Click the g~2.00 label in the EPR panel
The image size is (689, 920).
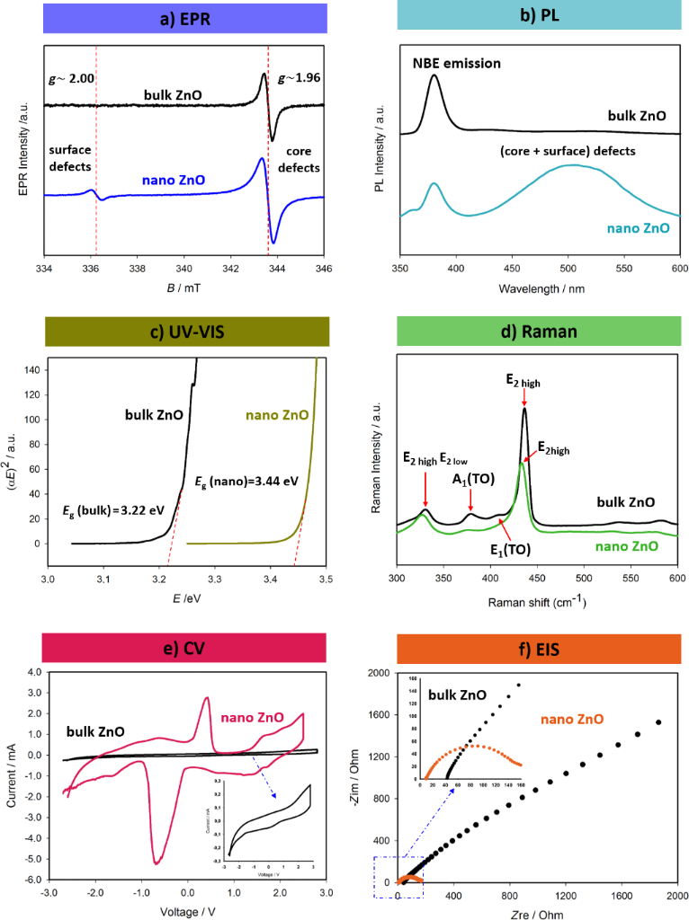[x=68, y=78]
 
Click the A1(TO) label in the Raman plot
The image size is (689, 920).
[x=470, y=479]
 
